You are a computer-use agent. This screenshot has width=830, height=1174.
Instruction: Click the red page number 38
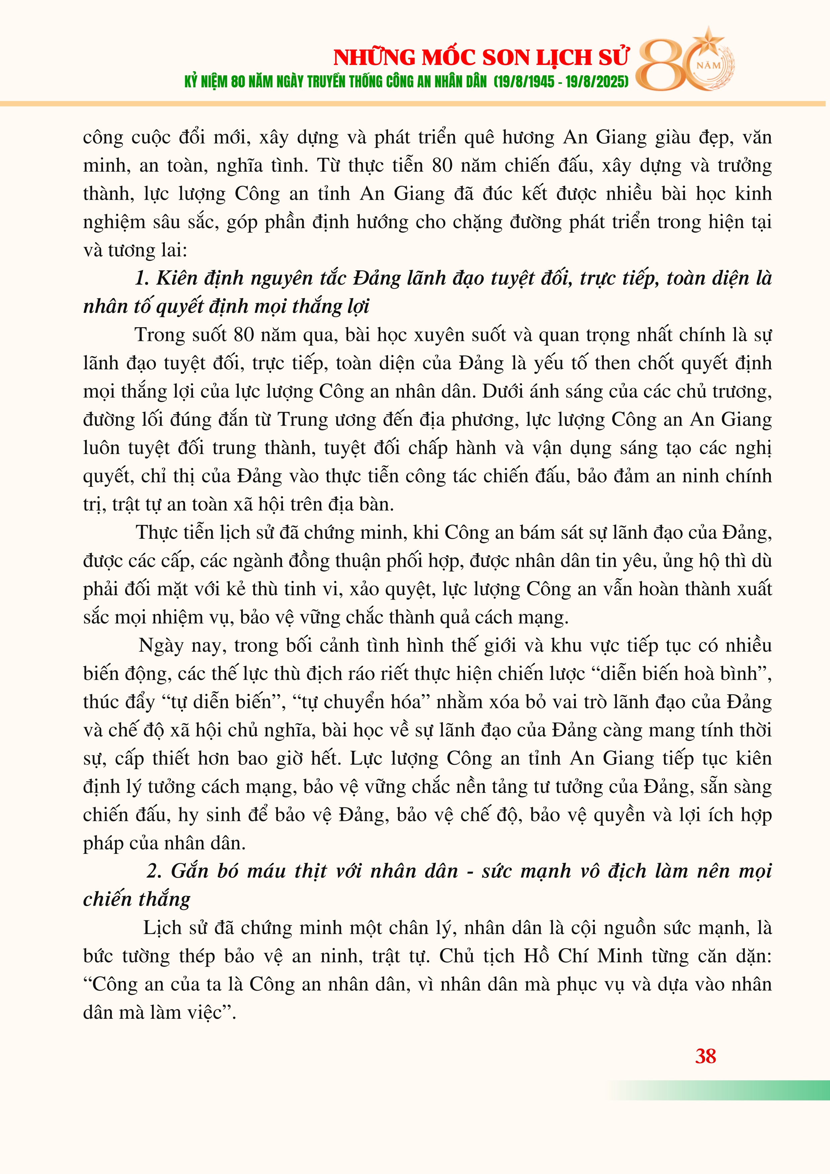click(x=705, y=1056)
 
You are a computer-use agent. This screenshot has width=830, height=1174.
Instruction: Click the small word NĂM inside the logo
click(x=709, y=66)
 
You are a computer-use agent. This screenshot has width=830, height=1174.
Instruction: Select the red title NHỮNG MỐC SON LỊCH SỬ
click(x=481, y=57)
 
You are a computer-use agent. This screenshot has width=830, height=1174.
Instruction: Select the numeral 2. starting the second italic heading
click(x=154, y=871)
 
